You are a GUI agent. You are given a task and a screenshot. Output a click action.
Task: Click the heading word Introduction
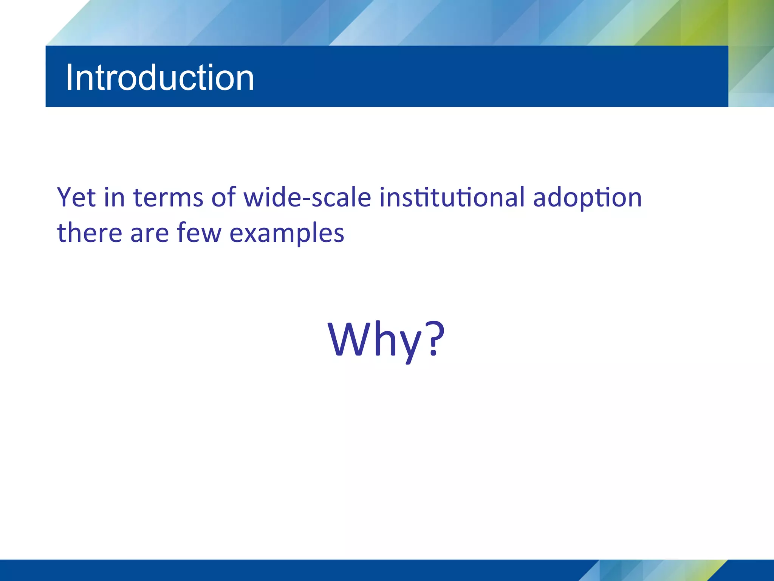(159, 78)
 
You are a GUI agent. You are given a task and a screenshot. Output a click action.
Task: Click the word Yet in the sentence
(76, 197)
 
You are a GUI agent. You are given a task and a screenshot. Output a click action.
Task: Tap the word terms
(168, 197)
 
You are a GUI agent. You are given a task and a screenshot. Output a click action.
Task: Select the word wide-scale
(307, 197)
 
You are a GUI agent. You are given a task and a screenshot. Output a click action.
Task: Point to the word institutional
(452, 197)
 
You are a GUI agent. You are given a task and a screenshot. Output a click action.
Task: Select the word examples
(287, 233)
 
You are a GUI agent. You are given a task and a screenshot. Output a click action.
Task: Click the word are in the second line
(149, 233)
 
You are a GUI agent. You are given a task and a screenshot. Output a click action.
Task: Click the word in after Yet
(114, 197)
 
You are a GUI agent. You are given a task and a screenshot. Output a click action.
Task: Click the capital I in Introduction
(70, 78)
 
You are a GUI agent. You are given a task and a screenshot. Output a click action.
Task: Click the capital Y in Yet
(65, 197)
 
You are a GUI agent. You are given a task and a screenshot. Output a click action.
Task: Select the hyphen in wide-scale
(306, 200)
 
